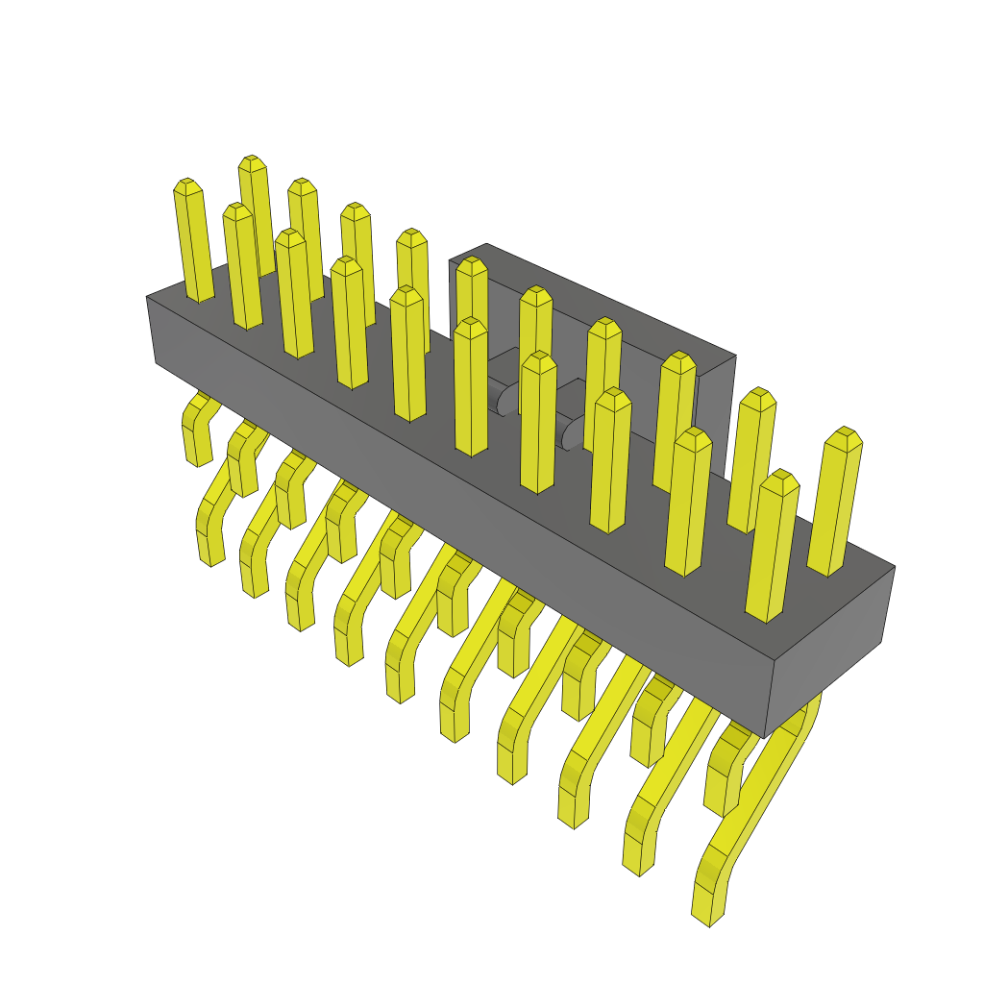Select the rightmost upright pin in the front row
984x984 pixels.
774,548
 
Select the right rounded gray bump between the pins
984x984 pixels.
574,432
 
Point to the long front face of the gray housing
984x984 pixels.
461,500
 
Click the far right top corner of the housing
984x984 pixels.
894,567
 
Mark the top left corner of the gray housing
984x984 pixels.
147,296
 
